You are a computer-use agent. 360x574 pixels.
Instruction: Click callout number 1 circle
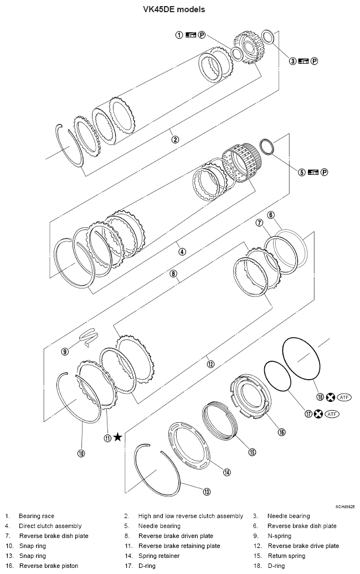(x=179, y=35)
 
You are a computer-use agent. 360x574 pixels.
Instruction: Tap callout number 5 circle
(x=302, y=172)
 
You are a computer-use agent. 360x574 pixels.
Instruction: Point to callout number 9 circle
(x=65, y=351)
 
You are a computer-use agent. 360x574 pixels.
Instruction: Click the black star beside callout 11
(x=117, y=437)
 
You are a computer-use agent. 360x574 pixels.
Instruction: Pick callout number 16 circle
(x=281, y=432)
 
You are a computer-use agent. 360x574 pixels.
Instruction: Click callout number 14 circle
(x=227, y=472)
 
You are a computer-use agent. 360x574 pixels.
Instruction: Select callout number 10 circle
(x=81, y=453)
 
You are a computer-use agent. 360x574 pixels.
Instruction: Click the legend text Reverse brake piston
(x=48, y=566)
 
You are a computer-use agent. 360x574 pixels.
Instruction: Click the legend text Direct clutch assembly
(x=50, y=526)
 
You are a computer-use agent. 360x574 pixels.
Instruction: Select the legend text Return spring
(x=286, y=556)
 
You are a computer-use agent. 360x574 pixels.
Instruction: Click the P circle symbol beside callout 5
(x=325, y=172)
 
